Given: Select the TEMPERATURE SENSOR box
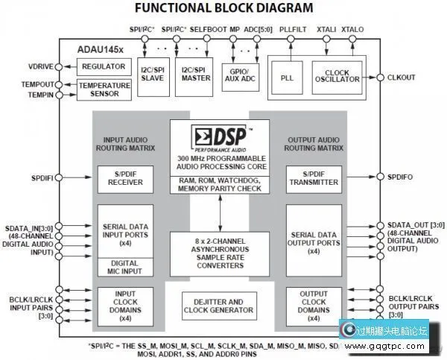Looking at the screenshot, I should (x=104, y=90).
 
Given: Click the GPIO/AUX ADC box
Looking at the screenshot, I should (x=240, y=77).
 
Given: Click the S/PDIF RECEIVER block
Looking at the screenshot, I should (x=125, y=179).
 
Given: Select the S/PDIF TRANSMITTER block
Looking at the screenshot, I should (x=313, y=179).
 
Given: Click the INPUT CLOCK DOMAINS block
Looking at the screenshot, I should (x=125, y=306).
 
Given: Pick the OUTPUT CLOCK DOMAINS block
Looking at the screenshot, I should (x=313, y=306).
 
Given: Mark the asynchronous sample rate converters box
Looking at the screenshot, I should (x=219, y=253).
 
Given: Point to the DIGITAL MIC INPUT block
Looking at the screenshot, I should (x=125, y=268).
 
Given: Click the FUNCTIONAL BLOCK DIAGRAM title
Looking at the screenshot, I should (x=223, y=9).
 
